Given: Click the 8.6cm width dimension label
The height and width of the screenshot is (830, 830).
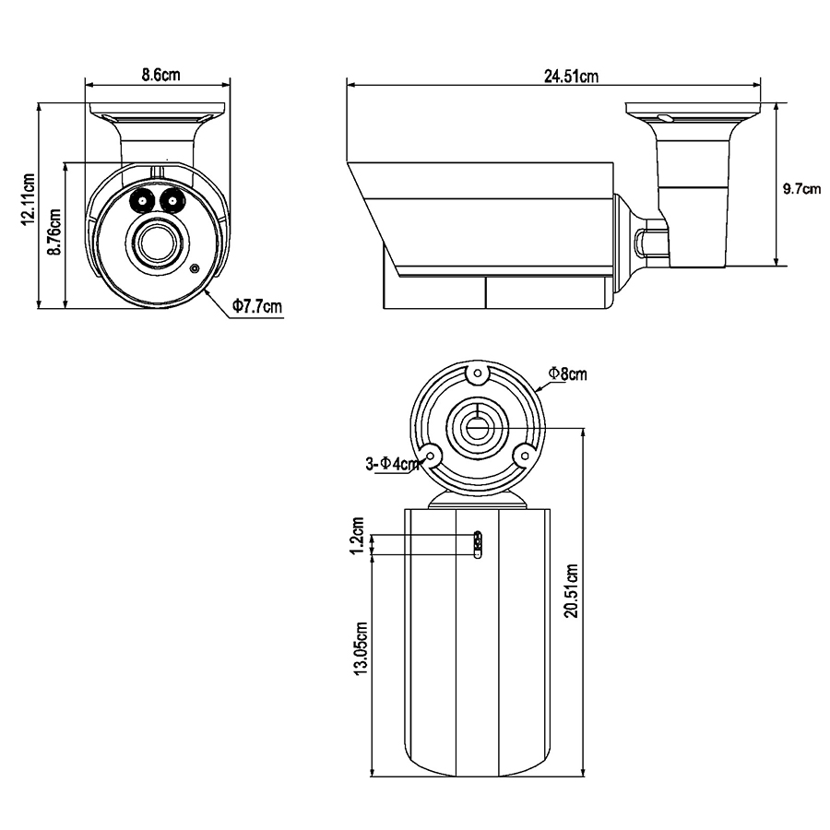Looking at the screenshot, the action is point(160,75).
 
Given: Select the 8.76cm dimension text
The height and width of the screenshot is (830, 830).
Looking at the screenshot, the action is point(54,231).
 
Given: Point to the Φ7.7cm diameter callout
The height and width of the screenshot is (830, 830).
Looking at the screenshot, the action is point(257,306).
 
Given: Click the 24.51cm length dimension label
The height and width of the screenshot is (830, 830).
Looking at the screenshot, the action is point(572,77).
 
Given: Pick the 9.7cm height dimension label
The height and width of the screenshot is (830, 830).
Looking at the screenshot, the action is point(802,188).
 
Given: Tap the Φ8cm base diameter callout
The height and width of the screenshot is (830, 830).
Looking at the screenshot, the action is point(567,373).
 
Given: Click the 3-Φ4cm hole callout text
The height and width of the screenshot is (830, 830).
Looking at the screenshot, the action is point(392,464).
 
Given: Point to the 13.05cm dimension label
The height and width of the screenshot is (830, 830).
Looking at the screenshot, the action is point(362,648).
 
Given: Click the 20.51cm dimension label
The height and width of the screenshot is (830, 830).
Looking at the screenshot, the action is point(572,591).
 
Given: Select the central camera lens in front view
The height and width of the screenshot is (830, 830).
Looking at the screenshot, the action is point(157,243).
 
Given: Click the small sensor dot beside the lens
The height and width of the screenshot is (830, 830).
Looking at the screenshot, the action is point(195,269).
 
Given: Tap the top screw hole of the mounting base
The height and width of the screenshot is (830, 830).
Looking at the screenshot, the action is point(478,373).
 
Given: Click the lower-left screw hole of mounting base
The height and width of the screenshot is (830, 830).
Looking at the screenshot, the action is point(431,456).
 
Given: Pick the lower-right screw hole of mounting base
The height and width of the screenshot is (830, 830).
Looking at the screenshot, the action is point(525,456).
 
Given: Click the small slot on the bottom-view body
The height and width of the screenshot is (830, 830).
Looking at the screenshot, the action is point(478,545).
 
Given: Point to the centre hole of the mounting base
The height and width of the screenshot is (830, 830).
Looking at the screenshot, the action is point(477,427).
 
